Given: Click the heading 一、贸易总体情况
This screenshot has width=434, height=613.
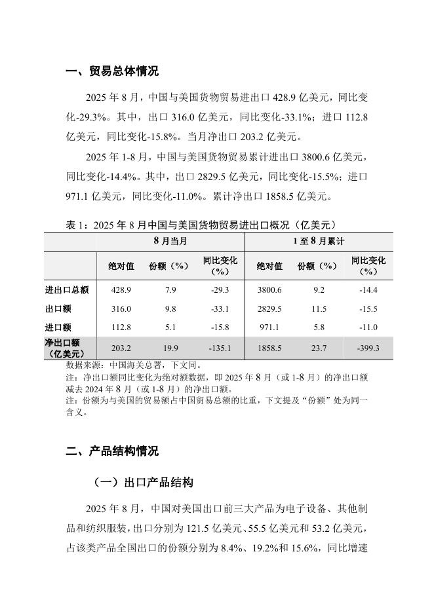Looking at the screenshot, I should [x=112, y=71].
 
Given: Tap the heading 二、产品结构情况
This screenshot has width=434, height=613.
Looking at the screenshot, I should [x=112, y=451].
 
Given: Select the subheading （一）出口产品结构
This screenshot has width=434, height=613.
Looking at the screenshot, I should [x=143, y=483].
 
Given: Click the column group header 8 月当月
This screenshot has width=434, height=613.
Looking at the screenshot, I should [x=170, y=241].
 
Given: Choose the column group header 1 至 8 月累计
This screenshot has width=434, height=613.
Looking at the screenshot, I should [x=319, y=241].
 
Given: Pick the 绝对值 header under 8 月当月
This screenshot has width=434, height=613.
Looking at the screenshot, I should [x=121, y=266].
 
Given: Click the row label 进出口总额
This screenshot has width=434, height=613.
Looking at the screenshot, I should [x=67, y=290].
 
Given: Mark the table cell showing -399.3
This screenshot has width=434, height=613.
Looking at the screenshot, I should [x=368, y=348].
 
